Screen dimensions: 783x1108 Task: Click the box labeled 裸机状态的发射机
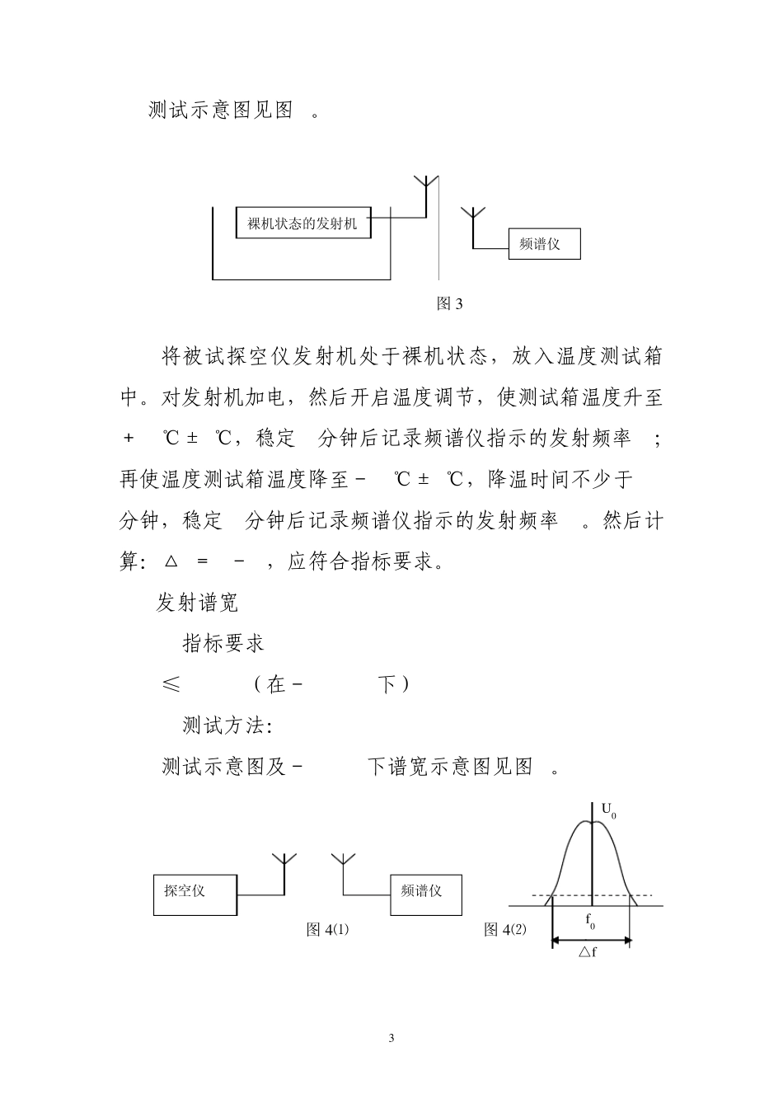(302, 223)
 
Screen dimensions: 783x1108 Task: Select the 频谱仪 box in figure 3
(544, 244)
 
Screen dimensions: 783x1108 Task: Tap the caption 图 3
(449, 303)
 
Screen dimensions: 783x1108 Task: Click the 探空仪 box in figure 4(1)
(195, 894)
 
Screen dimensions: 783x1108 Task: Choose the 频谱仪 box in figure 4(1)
(426, 894)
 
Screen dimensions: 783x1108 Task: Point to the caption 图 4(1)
(327, 930)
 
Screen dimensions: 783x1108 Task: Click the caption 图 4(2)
(504, 930)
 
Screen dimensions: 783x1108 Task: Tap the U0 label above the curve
(609, 811)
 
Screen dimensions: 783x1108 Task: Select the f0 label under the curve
(591, 922)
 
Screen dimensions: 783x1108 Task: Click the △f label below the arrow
(587, 953)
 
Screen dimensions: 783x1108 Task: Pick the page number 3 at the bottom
(391, 1038)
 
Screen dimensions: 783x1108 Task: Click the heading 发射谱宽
(198, 603)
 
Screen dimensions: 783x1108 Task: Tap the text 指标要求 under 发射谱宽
(223, 643)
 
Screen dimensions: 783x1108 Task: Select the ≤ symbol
(171, 684)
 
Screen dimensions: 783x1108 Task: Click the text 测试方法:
(227, 725)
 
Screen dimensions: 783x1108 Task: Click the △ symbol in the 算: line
(171, 562)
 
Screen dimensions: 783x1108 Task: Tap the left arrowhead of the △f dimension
(556, 940)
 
